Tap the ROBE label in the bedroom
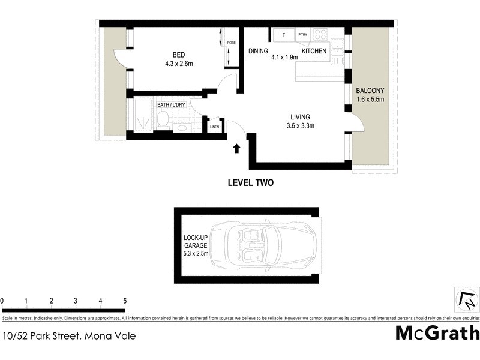pos(231,43)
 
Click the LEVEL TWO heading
pos(250,183)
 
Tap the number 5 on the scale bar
pos(125,301)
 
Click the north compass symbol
pos(466,298)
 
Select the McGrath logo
pos(437,332)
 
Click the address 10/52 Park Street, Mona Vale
pos(68,335)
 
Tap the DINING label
pos(259,52)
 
